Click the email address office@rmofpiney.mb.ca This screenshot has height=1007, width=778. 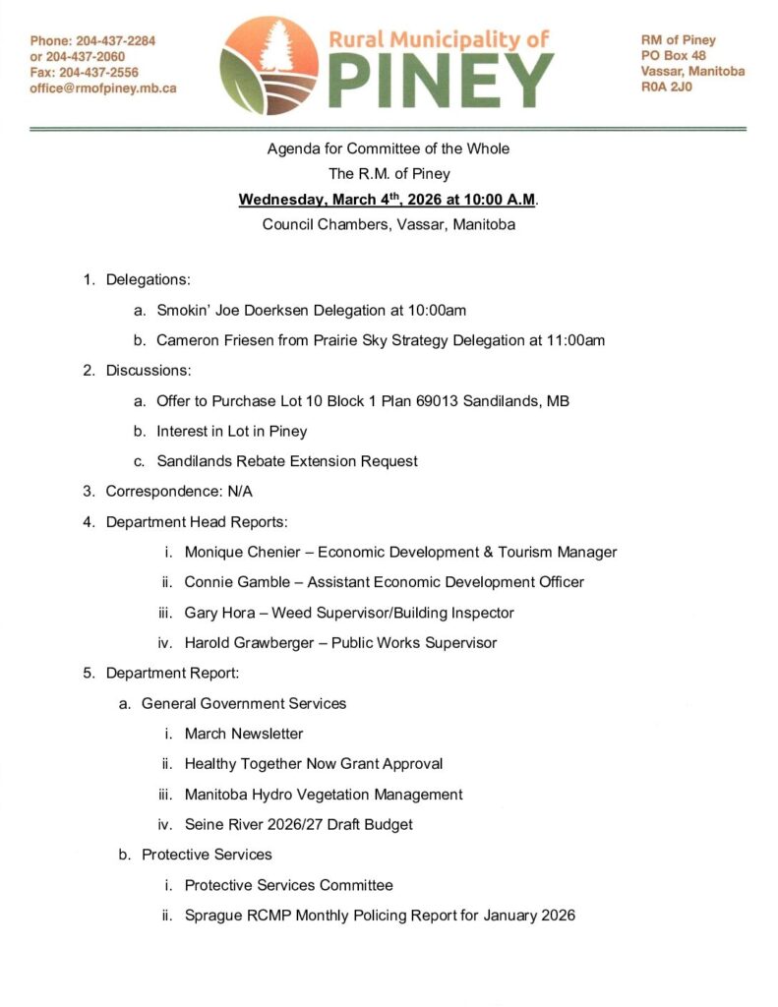click(x=103, y=89)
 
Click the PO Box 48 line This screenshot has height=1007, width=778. click(x=673, y=56)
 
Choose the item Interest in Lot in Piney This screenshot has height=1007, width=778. click(x=232, y=431)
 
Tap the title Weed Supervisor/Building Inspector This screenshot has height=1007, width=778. click(x=403, y=613)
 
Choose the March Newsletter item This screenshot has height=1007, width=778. click(x=244, y=734)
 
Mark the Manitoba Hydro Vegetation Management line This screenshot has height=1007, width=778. click(x=324, y=794)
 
